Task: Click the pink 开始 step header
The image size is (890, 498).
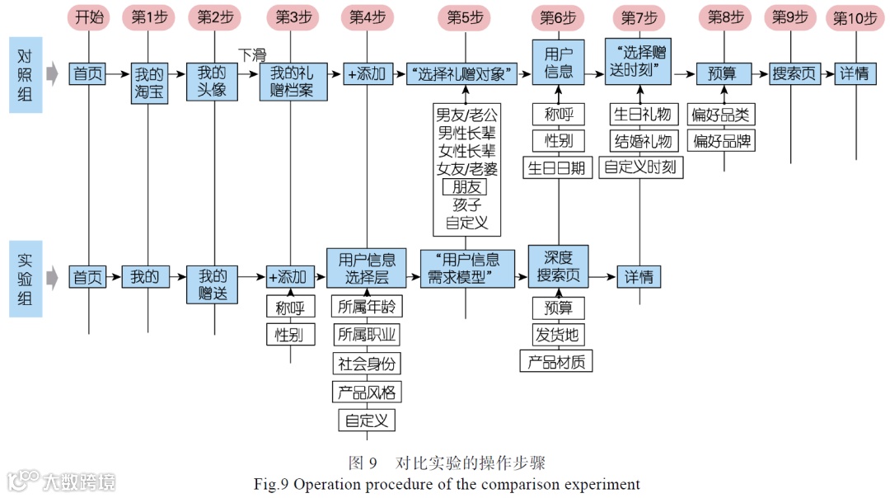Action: tap(89, 17)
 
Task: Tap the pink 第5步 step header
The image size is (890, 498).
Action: tap(466, 17)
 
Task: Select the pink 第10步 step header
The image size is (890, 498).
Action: tap(855, 17)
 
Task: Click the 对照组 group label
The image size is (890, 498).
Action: tap(26, 75)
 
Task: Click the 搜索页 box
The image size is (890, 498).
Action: tap(794, 74)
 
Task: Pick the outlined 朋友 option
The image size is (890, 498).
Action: tap(466, 187)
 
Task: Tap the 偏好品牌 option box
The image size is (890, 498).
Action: tap(723, 140)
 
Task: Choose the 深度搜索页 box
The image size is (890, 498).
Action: tap(559, 265)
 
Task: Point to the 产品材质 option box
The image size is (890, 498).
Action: tap(556, 361)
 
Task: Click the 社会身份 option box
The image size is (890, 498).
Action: tap(367, 363)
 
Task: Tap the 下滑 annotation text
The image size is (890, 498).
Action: tap(252, 55)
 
